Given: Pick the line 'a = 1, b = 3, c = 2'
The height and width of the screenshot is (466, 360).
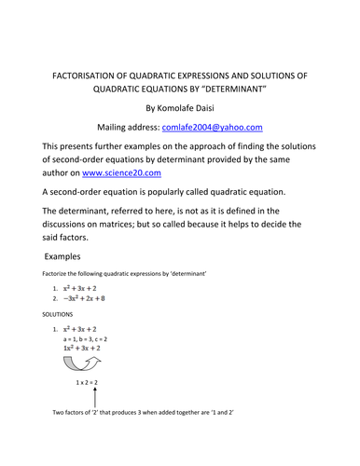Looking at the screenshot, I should point(85,342).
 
